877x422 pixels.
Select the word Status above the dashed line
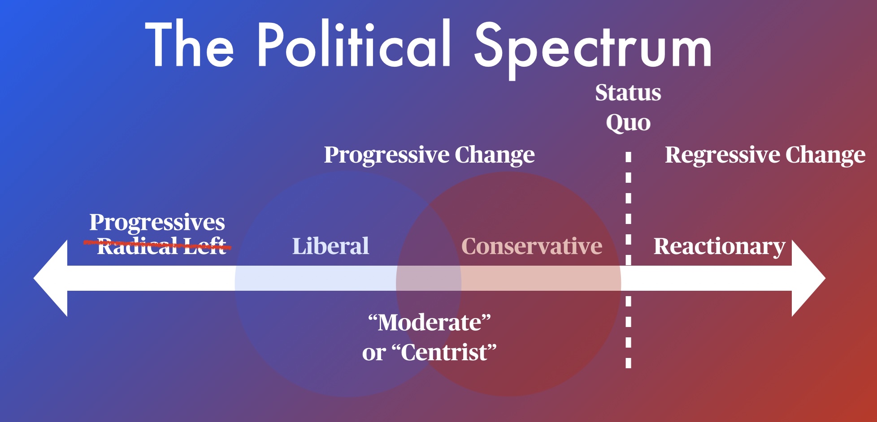pyautogui.click(x=628, y=93)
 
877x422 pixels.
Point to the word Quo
pyautogui.click(x=628, y=123)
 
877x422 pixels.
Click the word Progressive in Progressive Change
pyautogui.click(x=386, y=155)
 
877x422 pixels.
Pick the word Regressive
pyautogui.click(x=722, y=155)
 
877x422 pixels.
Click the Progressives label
pyautogui.click(x=157, y=223)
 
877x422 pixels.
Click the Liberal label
pyautogui.click(x=330, y=246)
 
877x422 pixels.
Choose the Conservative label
pyautogui.click(x=532, y=246)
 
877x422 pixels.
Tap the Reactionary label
pyautogui.click(x=719, y=247)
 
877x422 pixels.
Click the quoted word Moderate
pyautogui.click(x=430, y=322)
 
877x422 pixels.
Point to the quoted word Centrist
pyautogui.click(x=444, y=352)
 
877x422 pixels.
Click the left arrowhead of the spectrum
pyautogui.click(x=51, y=278)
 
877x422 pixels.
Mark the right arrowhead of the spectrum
pyautogui.click(x=808, y=278)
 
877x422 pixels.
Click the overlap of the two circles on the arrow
pyautogui.click(x=429, y=278)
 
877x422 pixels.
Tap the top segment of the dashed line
pyautogui.click(x=628, y=157)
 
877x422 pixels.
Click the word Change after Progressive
pyautogui.click(x=495, y=155)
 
